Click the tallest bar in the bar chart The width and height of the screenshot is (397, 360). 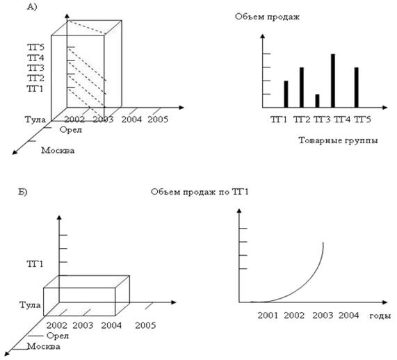333,81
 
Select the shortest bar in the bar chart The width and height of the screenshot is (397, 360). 317,101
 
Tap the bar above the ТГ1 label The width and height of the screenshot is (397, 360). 286,95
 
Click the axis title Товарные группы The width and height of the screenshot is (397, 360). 338,140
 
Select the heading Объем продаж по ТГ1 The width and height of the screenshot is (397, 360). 200,192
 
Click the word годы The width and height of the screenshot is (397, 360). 380,316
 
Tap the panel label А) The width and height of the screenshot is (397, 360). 32,7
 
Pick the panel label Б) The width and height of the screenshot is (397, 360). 22,192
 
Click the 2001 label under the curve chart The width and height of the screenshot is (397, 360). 268,316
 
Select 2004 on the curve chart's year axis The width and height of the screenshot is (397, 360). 348,316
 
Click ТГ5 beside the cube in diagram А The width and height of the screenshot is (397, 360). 35,47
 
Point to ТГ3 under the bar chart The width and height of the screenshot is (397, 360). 322,120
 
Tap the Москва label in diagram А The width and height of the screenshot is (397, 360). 58,151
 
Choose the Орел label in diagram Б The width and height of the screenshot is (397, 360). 58,336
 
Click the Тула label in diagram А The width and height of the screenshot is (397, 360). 35,120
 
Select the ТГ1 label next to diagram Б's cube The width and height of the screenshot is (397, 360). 35,264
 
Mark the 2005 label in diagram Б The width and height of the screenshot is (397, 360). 145,325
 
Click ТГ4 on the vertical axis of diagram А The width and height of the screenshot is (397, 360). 35,58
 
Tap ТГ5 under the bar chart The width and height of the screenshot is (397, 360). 362,120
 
